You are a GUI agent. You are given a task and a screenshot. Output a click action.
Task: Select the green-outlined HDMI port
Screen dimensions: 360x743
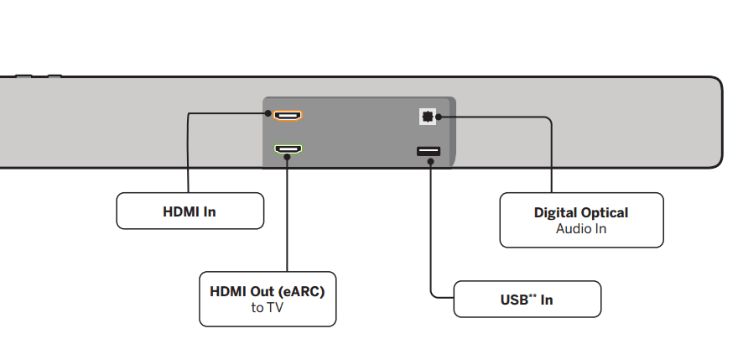coord(289,150)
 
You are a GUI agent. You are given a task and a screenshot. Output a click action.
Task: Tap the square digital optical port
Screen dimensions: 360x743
coord(428,117)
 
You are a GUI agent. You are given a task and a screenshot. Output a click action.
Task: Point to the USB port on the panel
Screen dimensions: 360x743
coord(428,151)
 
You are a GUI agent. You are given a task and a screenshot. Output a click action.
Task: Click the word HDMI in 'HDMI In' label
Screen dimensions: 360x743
coord(180,211)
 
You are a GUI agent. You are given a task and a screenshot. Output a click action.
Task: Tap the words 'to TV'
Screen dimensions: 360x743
coord(268,308)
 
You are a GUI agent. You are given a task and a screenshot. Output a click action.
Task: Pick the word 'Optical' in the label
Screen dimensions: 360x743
coord(604,212)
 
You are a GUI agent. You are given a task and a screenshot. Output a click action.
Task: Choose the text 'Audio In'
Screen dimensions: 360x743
coord(581,228)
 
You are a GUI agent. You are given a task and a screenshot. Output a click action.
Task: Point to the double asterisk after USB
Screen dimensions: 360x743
coord(533,296)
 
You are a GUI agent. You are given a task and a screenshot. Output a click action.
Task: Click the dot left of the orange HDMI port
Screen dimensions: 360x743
coord(268,113)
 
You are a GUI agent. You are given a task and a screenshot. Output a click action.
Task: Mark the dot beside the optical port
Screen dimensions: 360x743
coord(451,117)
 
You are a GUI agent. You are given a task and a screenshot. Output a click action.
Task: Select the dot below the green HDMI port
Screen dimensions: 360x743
coord(287,158)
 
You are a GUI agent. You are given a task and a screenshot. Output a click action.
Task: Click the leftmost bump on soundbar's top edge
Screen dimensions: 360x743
coord(23,76)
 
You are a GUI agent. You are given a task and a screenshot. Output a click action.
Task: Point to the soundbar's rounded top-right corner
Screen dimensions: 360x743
coord(715,83)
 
